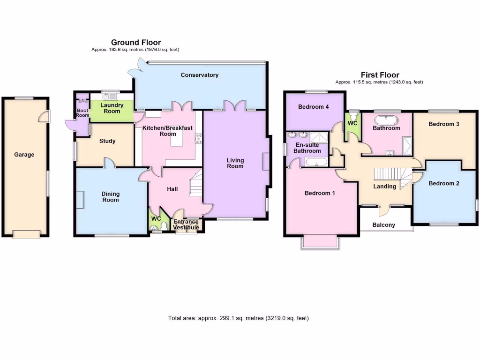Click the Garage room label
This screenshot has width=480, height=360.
[x=24, y=155]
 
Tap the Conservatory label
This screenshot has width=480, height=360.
[x=200, y=75]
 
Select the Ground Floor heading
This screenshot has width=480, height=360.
[x=136, y=43]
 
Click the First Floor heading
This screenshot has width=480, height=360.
[x=380, y=75]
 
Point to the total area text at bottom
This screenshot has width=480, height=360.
[x=239, y=318]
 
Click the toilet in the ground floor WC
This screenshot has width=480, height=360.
[x=163, y=227]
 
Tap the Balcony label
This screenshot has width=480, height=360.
[x=384, y=225]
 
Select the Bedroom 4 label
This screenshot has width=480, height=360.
[x=314, y=107]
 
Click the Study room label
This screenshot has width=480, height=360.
[x=107, y=141]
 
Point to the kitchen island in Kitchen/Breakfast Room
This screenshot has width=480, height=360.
[x=177, y=139]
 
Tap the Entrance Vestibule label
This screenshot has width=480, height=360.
[x=186, y=225]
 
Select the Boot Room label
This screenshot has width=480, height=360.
[x=82, y=112]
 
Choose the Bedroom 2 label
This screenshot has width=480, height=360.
[x=444, y=183]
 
